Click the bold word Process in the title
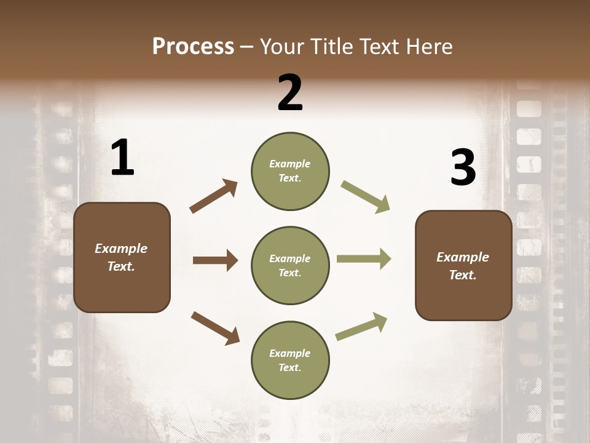pyautogui.click(x=193, y=47)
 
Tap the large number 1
pyautogui.click(x=122, y=158)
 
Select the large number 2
pyautogui.click(x=290, y=92)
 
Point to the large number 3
pyautogui.click(x=463, y=168)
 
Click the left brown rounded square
pyautogui.click(x=122, y=257)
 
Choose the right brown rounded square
pyautogui.click(x=463, y=266)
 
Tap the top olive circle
pyautogui.click(x=290, y=171)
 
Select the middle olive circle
pyautogui.click(x=290, y=265)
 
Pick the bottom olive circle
pyautogui.click(x=290, y=360)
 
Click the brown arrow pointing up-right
pyautogui.click(x=214, y=196)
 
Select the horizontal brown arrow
pyautogui.click(x=215, y=260)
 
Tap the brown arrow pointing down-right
pyautogui.click(x=215, y=328)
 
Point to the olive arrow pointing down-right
pyautogui.click(x=365, y=197)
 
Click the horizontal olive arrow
pyautogui.click(x=364, y=259)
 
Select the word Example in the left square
pyautogui.click(x=121, y=249)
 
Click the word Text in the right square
pyautogui.click(x=462, y=275)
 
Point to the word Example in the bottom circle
pyautogui.click(x=289, y=353)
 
